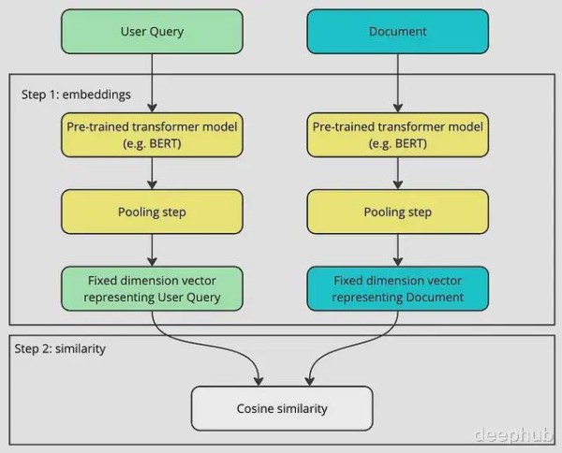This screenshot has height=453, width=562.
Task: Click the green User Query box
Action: coord(152,32)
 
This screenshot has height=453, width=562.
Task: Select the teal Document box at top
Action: coord(398,32)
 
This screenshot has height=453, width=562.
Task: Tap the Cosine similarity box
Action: coord(282,409)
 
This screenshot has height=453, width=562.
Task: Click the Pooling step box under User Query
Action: coord(152,212)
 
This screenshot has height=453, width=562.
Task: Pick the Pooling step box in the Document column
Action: coord(398,212)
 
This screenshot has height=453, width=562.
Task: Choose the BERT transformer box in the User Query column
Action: coord(152,135)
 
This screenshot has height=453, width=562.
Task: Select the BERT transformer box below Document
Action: coord(398,135)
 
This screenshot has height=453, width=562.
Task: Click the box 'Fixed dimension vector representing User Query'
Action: coord(152,288)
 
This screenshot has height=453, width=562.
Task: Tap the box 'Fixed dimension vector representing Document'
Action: coord(398,288)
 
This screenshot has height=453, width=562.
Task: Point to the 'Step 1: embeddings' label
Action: coord(76,95)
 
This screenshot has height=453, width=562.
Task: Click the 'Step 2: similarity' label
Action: coord(60,349)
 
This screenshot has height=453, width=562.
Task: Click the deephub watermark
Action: coord(513,434)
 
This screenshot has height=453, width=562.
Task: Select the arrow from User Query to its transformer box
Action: coord(152,83)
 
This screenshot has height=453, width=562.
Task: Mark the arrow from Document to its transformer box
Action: coord(398,83)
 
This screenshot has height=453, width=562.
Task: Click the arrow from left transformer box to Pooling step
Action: coord(152,173)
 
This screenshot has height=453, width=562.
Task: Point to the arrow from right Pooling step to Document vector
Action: coord(398,250)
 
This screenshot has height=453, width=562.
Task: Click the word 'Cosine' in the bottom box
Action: coord(251,409)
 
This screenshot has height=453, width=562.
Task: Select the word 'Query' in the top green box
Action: coord(167,32)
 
